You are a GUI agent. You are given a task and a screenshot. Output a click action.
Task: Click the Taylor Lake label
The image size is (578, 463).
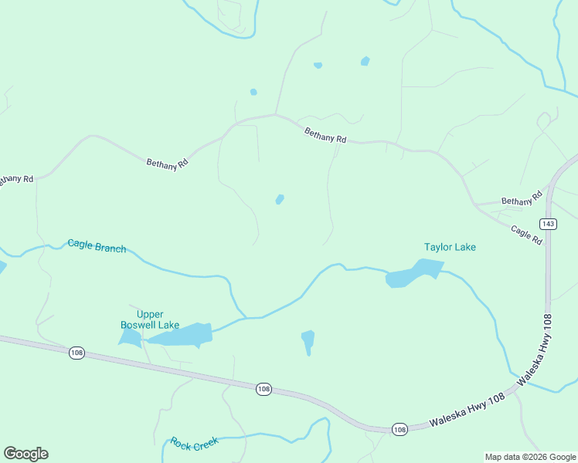tap(450, 247)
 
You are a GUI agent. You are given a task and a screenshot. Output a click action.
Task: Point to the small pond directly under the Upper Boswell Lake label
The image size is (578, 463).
tap(129, 337)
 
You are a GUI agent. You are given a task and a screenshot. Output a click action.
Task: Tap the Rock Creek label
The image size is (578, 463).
tap(195, 443)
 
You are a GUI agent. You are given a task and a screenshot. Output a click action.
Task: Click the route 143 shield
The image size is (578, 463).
tap(548, 224)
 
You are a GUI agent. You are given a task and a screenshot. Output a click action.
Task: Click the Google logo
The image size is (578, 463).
tap(25, 454)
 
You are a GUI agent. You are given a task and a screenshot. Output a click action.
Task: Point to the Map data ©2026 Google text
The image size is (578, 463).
tap(529, 457)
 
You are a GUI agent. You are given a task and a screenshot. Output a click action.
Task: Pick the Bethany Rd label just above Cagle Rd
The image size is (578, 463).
tap(518, 201)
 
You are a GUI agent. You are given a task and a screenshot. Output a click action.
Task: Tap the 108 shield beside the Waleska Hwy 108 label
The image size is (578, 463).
tap(399, 429)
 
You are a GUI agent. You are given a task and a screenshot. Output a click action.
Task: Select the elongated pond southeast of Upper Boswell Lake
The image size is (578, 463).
tap(308, 340)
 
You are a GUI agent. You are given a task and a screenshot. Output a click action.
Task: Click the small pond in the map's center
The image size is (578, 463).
tap(280, 199)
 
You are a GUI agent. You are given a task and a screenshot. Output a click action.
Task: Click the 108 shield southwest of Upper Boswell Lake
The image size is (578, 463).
tap(76, 353)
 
